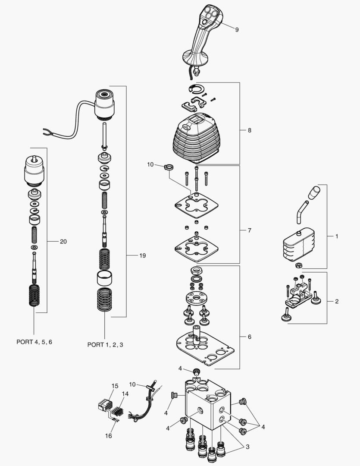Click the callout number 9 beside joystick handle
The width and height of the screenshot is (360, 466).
tap(237, 29)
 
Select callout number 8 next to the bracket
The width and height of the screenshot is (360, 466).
tap(250, 130)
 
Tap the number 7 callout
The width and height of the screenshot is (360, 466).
tap(250, 230)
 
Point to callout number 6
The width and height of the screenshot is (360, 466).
tap(250, 337)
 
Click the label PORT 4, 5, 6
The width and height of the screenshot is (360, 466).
tap(34, 342)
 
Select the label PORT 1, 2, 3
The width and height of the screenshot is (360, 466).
tap(105, 344)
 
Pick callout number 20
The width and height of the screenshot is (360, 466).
tap(63, 242)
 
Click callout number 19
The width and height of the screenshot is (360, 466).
tap(142, 255)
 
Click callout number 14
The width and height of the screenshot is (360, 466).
tap(125, 394)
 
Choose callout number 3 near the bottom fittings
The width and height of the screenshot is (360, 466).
tap(247, 447)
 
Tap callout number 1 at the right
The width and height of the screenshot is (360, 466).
tap(336, 236)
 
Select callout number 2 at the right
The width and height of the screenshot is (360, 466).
tap(336, 301)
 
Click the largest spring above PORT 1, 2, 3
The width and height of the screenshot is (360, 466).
tap(105, 300)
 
